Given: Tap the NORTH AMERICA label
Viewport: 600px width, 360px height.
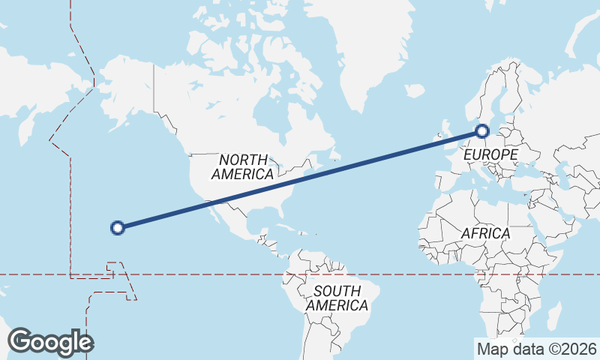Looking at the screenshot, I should pos(242,167).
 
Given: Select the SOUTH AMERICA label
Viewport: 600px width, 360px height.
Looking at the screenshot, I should pos(337,298).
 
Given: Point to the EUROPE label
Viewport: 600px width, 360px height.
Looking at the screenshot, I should pos(490,155).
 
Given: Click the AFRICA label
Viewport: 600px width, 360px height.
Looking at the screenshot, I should pos(485,234).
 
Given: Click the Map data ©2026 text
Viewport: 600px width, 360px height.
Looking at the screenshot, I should pos(536,349).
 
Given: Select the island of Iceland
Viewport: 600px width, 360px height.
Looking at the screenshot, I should pos(415,91).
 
